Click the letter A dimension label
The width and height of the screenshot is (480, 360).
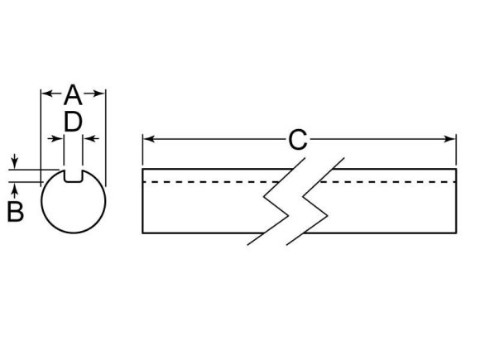(x=73, y=95)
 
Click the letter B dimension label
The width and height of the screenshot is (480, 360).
(x=15, y=211)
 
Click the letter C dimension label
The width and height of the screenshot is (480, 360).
(x=298, y=140)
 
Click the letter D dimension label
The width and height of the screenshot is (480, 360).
(x=73, y=122)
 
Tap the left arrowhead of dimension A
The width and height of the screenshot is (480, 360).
(x=47, y=93)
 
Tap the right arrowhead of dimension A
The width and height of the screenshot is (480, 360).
(x=99, y=93)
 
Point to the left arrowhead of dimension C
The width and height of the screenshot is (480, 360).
(x=148, y=139)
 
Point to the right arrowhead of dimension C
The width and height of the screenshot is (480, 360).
(x=450, y=139)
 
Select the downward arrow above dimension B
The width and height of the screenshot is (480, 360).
(x=14, y=161)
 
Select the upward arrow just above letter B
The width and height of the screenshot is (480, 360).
(x=14, y=190)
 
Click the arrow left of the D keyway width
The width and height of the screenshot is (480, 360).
(x=55, y=139)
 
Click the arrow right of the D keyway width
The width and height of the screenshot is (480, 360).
(x=91, y=139)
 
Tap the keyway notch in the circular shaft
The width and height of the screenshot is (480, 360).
(x=73, y=176)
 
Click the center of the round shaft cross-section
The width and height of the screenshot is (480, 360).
(x=74, y=201)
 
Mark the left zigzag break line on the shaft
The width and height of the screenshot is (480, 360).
(x=276, y=201)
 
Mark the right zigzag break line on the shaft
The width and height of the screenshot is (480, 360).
(x=315, y=201)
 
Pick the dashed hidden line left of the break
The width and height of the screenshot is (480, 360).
(x=211, y=182)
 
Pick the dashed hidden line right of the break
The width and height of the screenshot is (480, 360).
(x=388, y=182)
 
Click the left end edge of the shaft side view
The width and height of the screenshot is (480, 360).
(x=142, y=201)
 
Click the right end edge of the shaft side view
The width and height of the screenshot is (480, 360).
(x=456, y=201)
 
